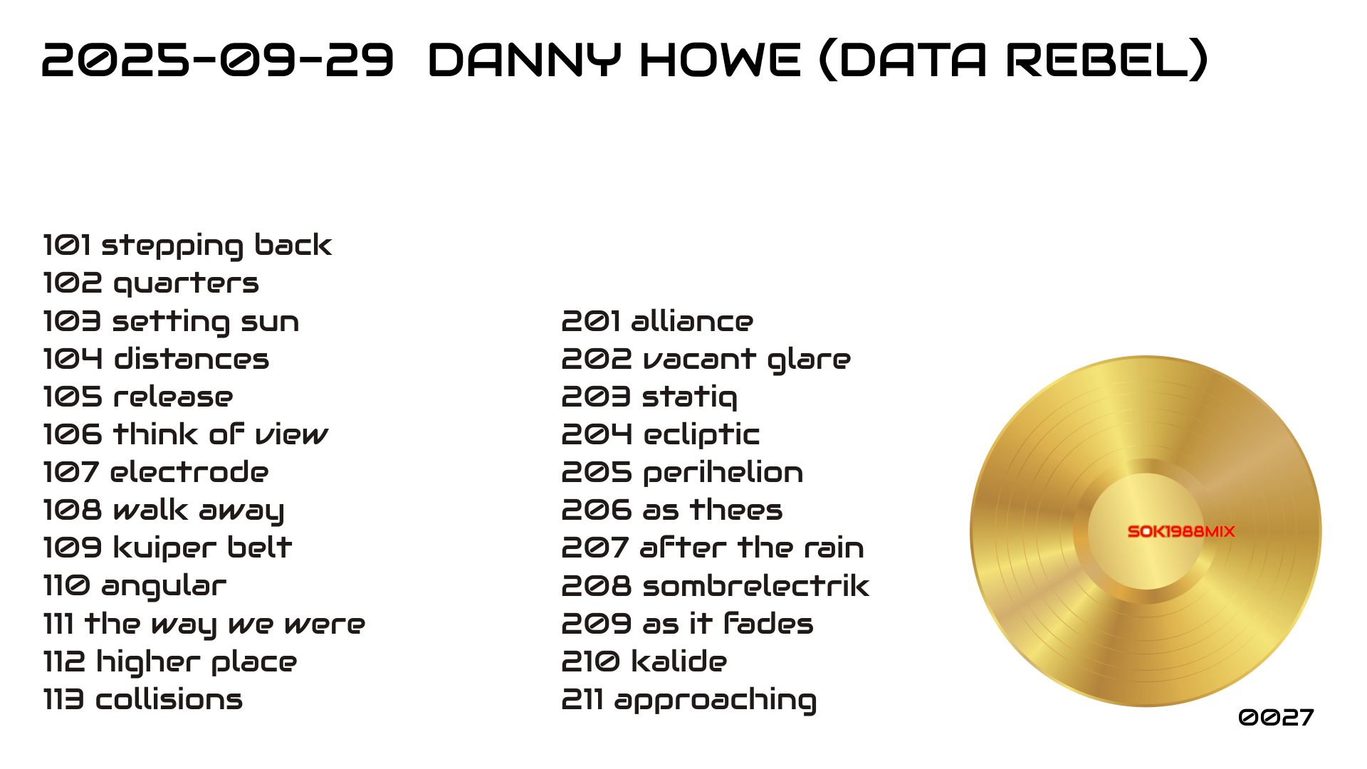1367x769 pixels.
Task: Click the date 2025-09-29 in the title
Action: coord(217,59)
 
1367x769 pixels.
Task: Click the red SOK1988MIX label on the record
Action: coord(1181,531)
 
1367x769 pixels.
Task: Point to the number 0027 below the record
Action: coord(1276,717)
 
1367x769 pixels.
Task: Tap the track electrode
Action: coord(189,472)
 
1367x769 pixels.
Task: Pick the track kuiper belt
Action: coord(202,548)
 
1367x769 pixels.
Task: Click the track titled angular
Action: coord(164,587)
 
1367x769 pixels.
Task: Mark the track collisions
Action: coord(169,699)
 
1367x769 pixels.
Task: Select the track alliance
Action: coord(692,321)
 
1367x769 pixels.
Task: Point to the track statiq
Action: coord(689,397)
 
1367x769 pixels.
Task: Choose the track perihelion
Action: coord(723,473)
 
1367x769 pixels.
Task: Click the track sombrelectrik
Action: coord(755,586)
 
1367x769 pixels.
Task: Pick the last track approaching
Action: coord(716,701)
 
